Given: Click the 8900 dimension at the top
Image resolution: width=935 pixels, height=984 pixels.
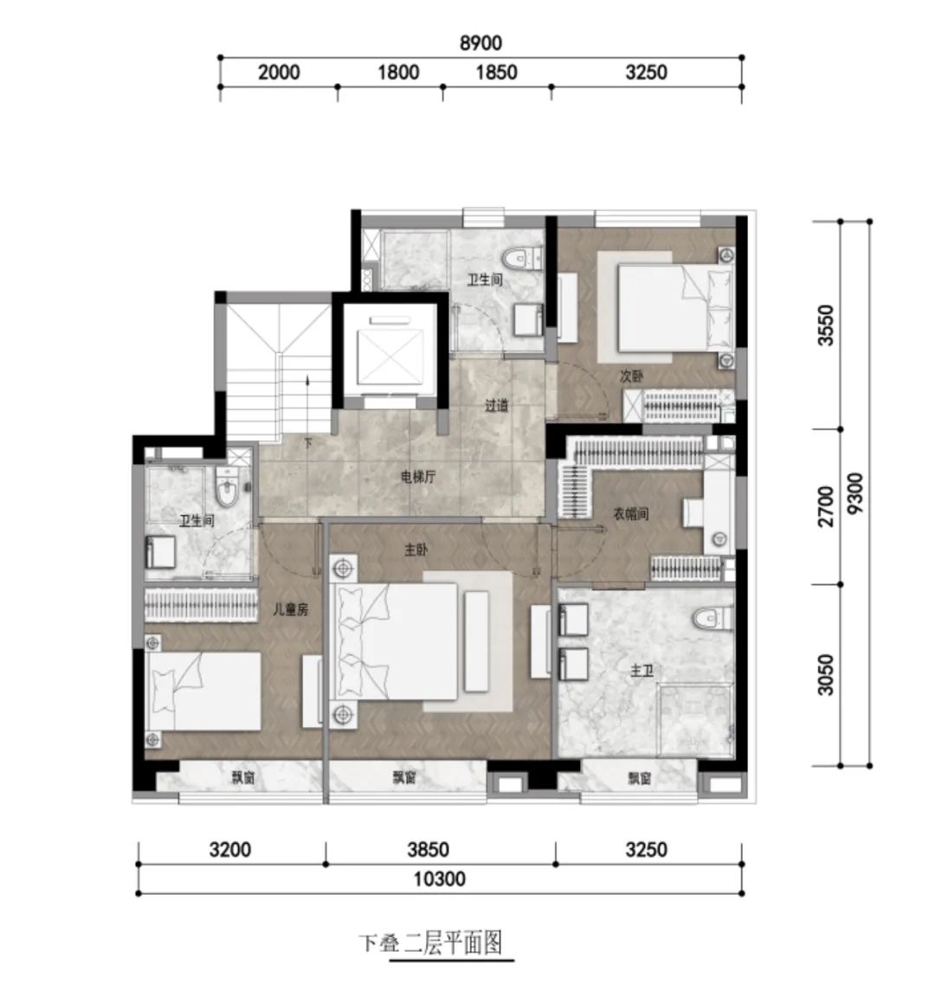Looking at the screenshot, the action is coord(480,42).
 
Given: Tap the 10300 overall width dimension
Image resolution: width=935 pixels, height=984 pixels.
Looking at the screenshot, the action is coord(439,878).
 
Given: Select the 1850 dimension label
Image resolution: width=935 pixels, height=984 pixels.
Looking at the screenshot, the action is coord(496,72).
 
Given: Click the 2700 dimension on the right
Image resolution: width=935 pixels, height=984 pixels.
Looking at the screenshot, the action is coord(826,506).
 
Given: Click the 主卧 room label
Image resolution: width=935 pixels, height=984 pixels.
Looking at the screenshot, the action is coord(416,550).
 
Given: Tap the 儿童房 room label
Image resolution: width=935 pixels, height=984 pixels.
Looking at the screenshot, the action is coord(290,608).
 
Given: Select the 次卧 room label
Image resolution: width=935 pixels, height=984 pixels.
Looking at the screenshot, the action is coord(631,376).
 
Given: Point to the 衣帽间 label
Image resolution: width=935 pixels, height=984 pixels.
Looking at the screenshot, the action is coord(630,514).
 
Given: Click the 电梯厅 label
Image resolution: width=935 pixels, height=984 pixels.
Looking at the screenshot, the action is coord(417,477).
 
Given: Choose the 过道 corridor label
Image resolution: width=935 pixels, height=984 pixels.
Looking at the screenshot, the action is coord(496,405).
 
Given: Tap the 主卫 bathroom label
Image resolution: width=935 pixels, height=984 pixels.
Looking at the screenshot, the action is coord(642,671).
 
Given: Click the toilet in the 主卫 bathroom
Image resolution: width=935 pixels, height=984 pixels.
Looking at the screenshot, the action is coord(713,618).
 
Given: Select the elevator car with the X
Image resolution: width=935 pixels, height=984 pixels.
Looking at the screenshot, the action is coord(390,357).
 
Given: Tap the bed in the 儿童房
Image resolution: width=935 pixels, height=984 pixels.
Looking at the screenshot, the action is coord(203,691).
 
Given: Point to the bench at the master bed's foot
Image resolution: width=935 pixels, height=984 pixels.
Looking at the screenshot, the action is coord(477,640).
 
